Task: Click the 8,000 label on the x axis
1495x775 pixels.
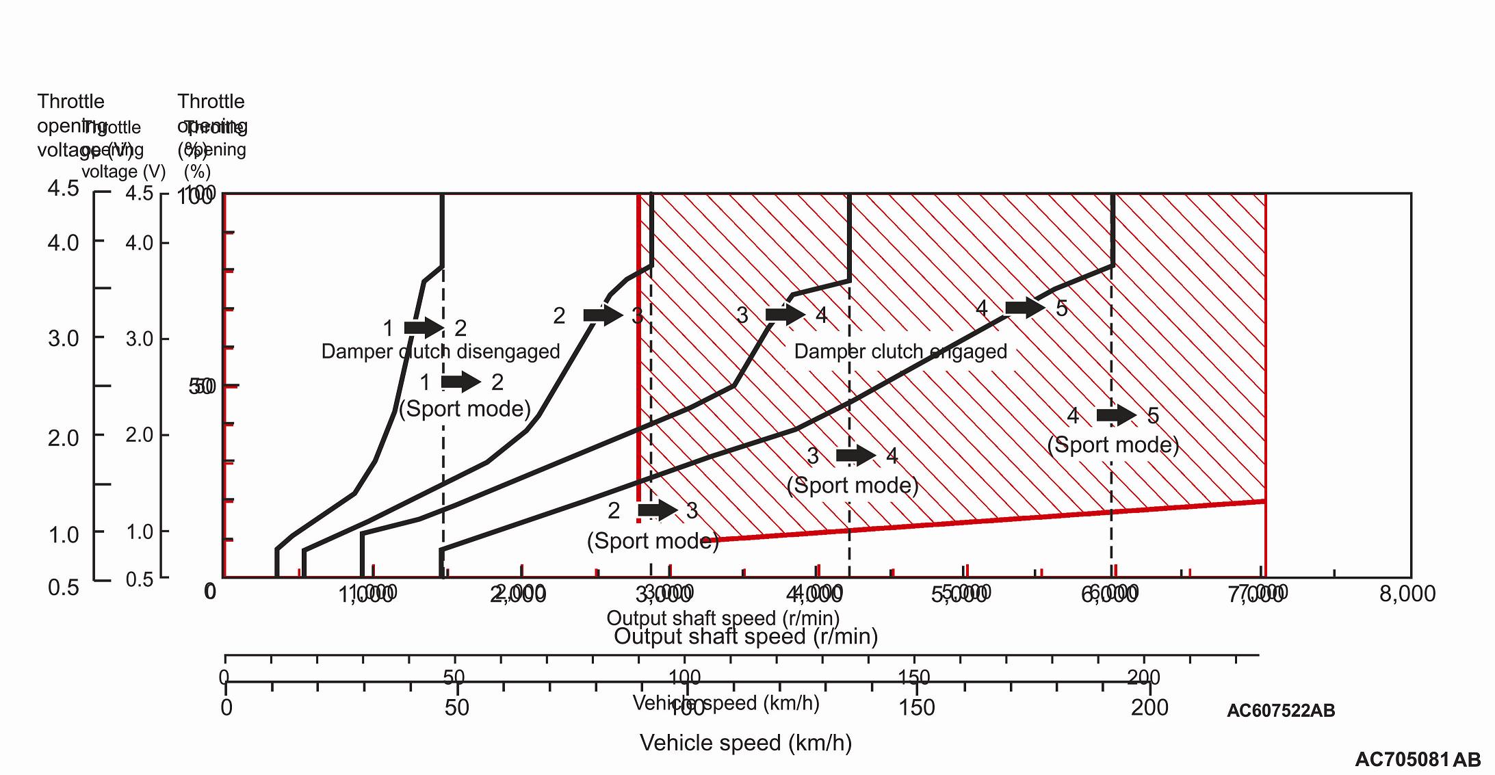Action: tap(1407, 594)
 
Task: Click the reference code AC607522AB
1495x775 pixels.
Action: tap(1280, 711)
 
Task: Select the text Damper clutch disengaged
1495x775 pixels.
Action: tap(441, 352)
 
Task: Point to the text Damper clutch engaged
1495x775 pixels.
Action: tap(900, 352)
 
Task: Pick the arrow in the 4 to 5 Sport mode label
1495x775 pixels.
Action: tap(1116, 415)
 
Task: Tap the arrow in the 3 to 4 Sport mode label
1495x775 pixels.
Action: tap(855, 455)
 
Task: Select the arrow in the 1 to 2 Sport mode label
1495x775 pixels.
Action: tap(460, 382)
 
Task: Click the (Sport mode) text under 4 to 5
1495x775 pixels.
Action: tap(1113, 445)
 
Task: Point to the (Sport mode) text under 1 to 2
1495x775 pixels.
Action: tap(465, 408)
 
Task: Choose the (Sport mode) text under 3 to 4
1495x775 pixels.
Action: tap(853, 485)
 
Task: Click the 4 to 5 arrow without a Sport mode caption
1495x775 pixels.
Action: tap(1025, 308)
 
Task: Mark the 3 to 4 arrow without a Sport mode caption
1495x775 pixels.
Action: tap(785, 315)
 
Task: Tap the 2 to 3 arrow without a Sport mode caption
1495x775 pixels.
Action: tap(603, 315)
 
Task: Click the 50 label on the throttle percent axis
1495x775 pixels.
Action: tap(202, 386)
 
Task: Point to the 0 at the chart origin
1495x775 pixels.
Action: tap(210, 591)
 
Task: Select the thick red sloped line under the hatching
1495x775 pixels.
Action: tap(992, 521)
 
